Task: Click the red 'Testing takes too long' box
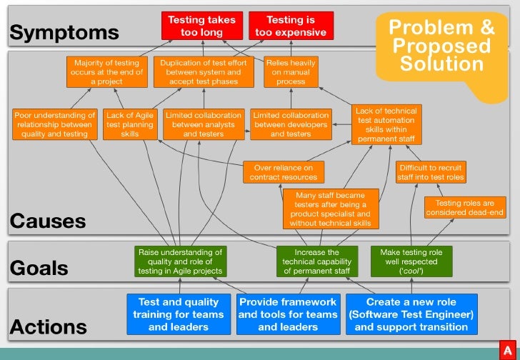[201, 26]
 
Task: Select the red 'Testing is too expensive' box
[291, 26]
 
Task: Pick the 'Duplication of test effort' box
[204, 72]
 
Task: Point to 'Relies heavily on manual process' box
[291, 72]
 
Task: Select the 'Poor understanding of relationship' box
[55, 124]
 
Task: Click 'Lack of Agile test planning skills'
[130, 124]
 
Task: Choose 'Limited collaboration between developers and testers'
[291, 124]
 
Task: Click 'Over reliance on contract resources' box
[284, 172]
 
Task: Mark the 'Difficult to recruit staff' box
[431, 172]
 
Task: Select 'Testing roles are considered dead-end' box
[464, 208]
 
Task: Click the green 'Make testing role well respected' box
[412, 261]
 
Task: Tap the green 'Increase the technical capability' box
[316, 261]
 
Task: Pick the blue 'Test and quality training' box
[180, 314]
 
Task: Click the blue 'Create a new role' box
[411, 314]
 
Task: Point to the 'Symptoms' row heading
[64, 32]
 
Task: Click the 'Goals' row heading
[39, 268]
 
